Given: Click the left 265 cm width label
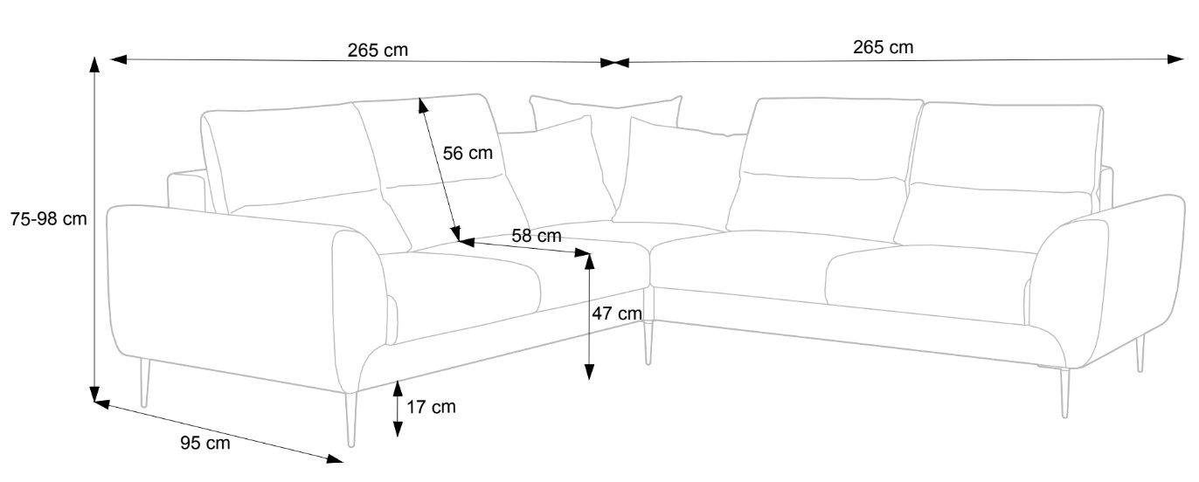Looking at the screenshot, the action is [x=378, y=50].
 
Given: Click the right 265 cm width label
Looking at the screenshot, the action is [x=883, y=47].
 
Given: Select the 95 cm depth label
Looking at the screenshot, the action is [x=205, y=444].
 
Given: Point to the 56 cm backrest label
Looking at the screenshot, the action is [x=468, y=154].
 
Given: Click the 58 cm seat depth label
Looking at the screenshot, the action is [x=537, y=236].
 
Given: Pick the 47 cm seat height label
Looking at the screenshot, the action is [x=617, y=313].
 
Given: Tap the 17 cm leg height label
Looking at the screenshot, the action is [x=432, y=406].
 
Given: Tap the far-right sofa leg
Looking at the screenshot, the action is [x=1140, y=354].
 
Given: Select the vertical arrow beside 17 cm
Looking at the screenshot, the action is [x=398, y=408].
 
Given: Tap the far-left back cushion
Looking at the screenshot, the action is [x=288, y=157].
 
